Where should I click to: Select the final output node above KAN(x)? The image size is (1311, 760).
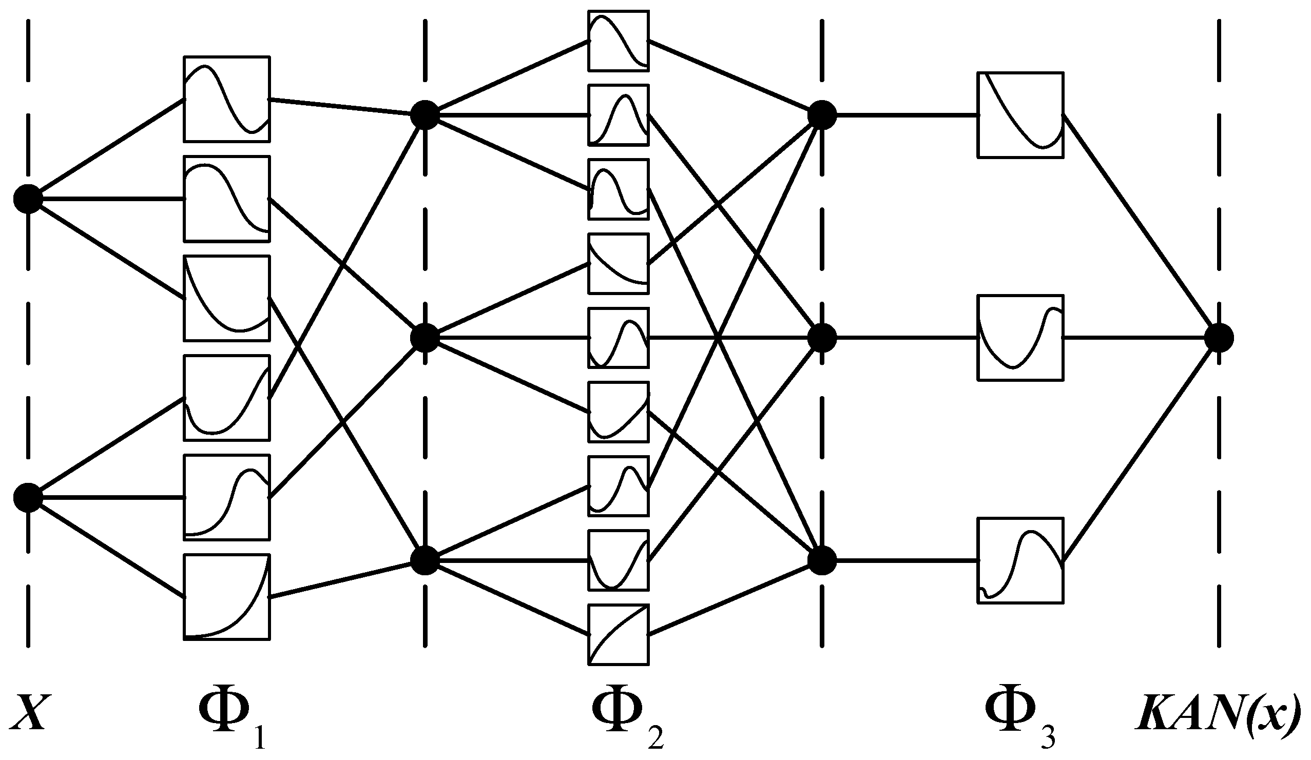[1219, 338]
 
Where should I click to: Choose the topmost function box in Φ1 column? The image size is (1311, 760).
[226, 99]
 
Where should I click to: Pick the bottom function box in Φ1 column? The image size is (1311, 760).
[226, 596]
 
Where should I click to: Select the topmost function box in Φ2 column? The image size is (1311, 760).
[618, 41]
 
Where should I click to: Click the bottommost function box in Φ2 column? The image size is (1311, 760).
[618, 634]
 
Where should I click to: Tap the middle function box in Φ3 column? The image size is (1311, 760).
[1020, 338]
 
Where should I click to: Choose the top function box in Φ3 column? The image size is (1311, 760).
[1020, 114]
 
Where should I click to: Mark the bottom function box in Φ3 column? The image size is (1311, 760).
[1020, 560]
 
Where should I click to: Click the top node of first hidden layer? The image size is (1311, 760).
[425, 114]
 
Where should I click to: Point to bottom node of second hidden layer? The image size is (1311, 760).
[822, 561]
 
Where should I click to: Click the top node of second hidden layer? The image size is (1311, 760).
[822, 114]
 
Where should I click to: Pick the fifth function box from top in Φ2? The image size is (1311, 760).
[618, 338]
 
